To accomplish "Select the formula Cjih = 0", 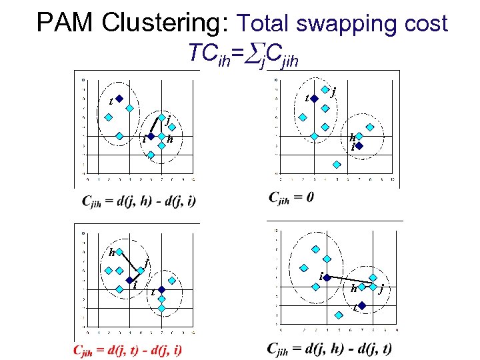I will (291, 197).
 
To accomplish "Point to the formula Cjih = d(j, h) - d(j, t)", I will (329, 348).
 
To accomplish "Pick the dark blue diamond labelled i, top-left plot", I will (151, 136).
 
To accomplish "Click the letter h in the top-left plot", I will (171, 139).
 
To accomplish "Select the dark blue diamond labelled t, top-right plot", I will (315, 99).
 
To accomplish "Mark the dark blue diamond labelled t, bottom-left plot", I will (161, 290).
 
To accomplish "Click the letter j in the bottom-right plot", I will (381, 289).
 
